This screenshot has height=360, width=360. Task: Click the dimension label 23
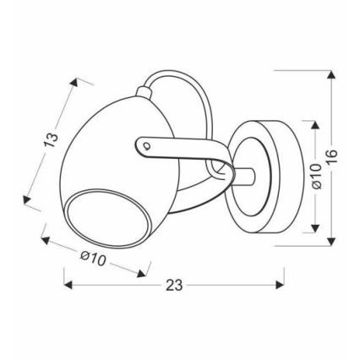point(174,285)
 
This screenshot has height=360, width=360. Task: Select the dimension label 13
point(52,139)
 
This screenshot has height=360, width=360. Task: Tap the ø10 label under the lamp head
point(93,259)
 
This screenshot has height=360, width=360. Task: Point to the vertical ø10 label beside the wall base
point(316,177)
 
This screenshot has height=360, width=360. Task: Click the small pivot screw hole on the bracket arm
point(146,145)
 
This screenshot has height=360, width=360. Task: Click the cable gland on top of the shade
point(144,92)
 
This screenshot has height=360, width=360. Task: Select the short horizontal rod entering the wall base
point(244,177)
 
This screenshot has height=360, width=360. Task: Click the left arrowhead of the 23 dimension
point(68,285)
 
